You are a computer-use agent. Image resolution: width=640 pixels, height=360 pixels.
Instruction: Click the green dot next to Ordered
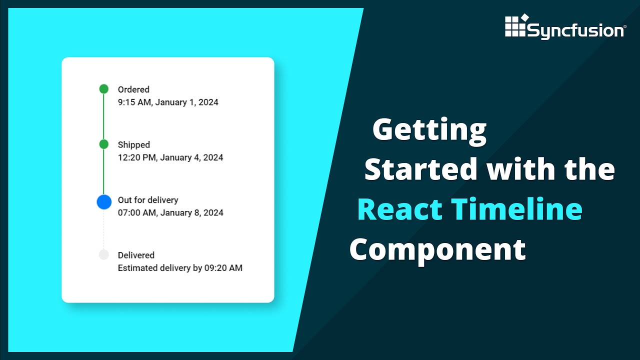103,89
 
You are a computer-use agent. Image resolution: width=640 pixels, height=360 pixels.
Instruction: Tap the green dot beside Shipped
103,144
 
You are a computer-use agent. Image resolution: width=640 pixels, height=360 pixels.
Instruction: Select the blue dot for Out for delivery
103,202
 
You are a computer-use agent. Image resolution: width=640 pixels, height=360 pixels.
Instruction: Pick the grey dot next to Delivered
103,255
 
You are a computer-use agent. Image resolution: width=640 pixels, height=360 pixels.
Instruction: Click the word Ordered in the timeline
133,89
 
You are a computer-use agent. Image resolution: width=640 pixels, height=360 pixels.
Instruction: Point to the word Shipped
133,144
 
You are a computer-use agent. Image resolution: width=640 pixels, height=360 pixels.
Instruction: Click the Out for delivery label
148,200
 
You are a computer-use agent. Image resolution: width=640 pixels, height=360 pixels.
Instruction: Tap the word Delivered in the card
136,255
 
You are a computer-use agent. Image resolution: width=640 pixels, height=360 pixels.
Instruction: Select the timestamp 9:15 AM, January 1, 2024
168,102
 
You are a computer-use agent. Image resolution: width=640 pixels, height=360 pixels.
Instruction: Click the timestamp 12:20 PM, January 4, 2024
170,157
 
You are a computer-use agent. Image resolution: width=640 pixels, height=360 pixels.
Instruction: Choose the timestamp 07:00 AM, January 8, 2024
170,213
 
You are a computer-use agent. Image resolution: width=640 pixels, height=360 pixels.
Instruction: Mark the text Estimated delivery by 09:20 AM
180,268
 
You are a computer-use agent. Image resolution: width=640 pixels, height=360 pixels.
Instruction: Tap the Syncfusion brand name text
575,31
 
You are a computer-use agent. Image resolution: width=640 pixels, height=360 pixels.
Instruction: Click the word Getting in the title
429,130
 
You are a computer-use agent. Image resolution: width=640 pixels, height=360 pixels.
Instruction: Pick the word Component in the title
437,248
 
